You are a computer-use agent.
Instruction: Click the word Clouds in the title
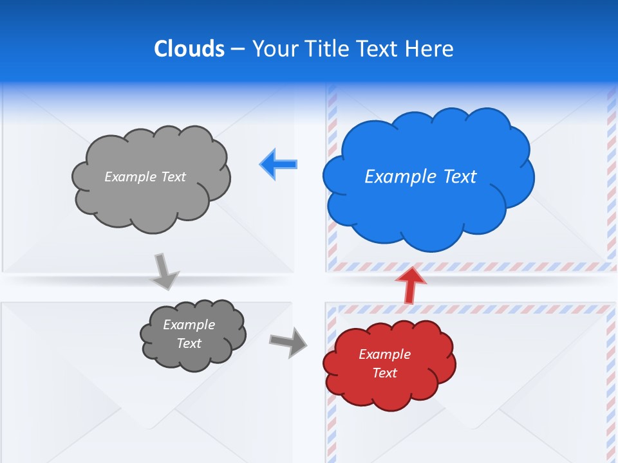(x=189, y=49)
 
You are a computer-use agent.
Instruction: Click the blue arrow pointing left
(x=279, y=164)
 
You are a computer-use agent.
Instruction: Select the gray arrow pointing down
(x=165, y=271)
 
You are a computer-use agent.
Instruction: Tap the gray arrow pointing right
(x=288, y=341)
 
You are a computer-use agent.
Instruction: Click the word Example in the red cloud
(x=384, y=354)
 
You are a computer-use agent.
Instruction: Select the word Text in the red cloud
(x=384, y=373)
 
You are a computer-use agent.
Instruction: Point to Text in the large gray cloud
(x=173, y=177)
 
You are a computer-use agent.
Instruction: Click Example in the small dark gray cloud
(x=189, y=325)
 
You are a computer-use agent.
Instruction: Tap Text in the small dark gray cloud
(x=189, y=343)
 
